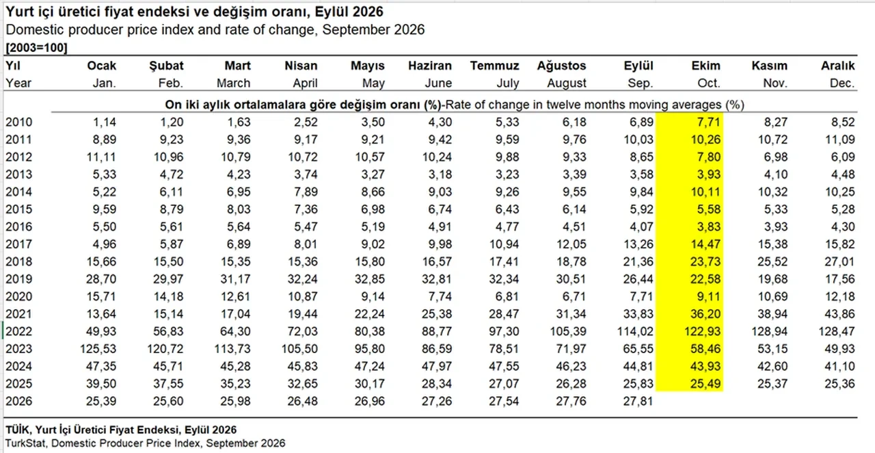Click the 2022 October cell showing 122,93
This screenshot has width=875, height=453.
[x=702, y=331]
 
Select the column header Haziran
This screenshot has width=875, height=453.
[x=430, y=65]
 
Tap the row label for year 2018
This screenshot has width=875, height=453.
[x=18, y=261]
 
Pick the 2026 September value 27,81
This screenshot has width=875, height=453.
[x=638, y=401]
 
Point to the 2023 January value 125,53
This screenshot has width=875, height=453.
[x=98, y=348]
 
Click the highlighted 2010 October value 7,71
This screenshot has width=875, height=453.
[x=708, y=122]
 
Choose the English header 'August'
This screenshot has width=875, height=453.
[x=567, y=83]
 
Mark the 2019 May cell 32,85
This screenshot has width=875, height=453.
[x=370, y=279]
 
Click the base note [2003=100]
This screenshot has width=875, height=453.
[x=36, y=48]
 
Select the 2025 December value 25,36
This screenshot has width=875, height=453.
[x=839, y=383]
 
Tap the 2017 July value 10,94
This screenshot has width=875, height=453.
[x=504, y=244]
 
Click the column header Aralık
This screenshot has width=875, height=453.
[x=837, y=65]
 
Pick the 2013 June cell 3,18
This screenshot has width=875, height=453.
[x=440, y=174]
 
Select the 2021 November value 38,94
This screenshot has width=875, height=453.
[x=772, y=313]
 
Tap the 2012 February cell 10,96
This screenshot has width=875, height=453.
[x=168, y=157]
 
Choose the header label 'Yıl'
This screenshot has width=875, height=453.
[x=13, y=65]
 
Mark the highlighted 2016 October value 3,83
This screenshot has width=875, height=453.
[x=708, y=226]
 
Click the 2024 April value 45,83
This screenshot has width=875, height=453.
[x=302, y=366]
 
